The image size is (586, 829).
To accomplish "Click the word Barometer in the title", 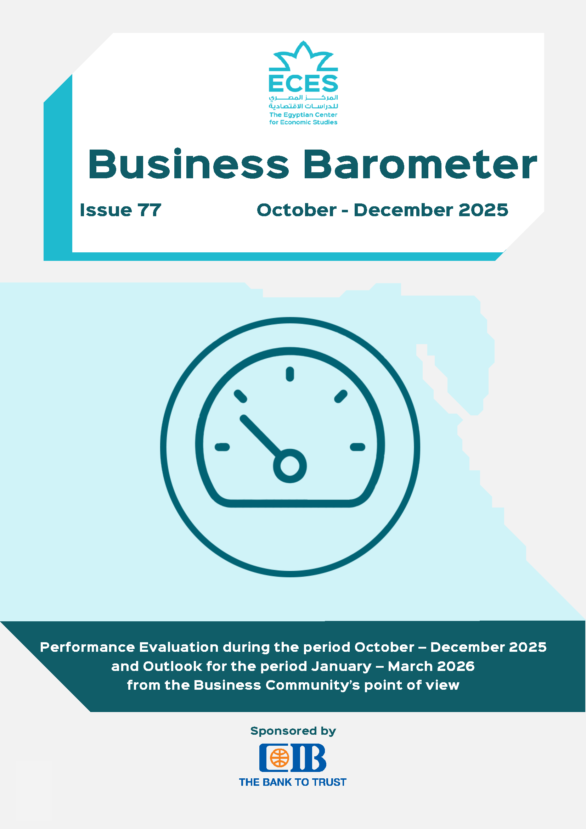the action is coord(421,164).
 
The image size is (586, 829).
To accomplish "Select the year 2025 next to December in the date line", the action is coord(483,210).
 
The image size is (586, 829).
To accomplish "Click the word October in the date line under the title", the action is coord(297,210).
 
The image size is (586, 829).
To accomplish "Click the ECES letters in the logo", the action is coord(303,83).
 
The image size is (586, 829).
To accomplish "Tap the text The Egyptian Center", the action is coord(303,115).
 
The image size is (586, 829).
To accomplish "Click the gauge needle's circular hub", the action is coord(290,466).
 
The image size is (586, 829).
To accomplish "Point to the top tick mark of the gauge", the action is coord(290,374).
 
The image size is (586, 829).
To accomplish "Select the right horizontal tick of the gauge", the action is coord(357,447).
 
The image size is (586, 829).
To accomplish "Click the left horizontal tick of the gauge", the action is coord(222,447).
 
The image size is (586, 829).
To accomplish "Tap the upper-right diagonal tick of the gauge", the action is coord(340,397).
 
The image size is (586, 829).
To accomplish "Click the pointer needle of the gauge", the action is coord(261,436).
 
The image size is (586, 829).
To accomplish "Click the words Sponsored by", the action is coord(293,731).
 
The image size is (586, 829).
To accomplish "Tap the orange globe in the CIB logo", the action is coord(280,757).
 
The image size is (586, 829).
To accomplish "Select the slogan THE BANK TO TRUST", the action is coord(293,782).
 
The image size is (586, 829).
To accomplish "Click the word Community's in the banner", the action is coord(313,685).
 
